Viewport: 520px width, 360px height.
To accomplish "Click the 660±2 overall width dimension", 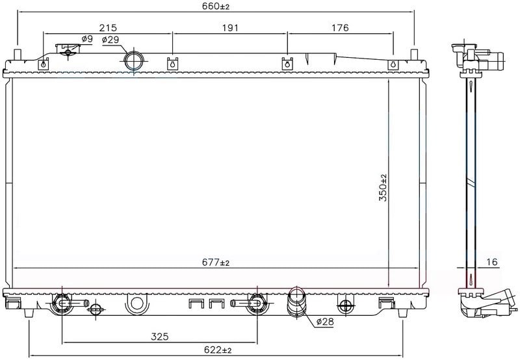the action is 216,6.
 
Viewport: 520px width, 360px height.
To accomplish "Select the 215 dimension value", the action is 108,27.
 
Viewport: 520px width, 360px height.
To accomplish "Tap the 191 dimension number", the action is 230,27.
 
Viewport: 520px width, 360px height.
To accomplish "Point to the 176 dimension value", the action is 340,27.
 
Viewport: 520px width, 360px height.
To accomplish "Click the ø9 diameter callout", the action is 87,39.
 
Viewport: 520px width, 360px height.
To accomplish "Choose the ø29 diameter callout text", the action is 110,40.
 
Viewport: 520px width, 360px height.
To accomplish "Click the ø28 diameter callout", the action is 324,321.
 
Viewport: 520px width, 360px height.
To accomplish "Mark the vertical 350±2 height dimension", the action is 383,188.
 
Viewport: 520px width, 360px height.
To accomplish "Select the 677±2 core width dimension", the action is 216,263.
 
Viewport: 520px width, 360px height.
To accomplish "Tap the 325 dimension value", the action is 160,337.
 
